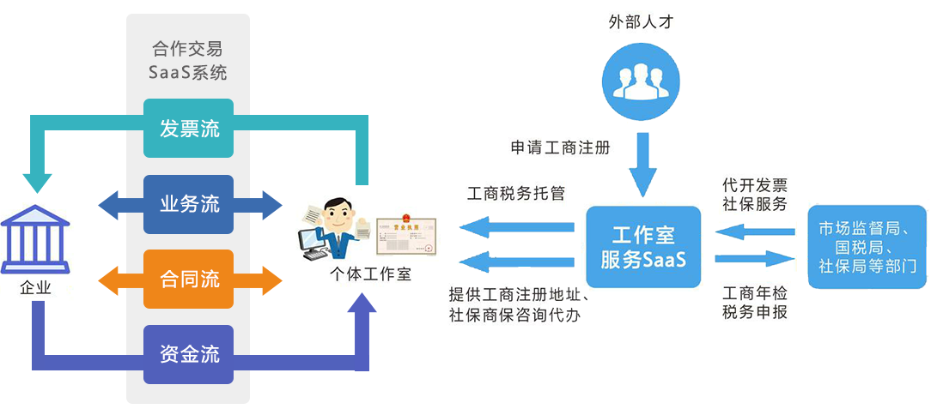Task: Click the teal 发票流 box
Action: coord(188,129)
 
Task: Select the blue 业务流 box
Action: coord(188,204)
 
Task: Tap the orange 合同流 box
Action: coord(188,279)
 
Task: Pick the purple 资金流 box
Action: coord(188,353)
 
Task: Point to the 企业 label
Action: coord(35,288)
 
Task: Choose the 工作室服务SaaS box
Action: coord(643,247)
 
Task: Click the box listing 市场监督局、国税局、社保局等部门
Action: coord(867,247)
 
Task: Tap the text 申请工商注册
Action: coord(559,147)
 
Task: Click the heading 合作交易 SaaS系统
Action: coord(188,61)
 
